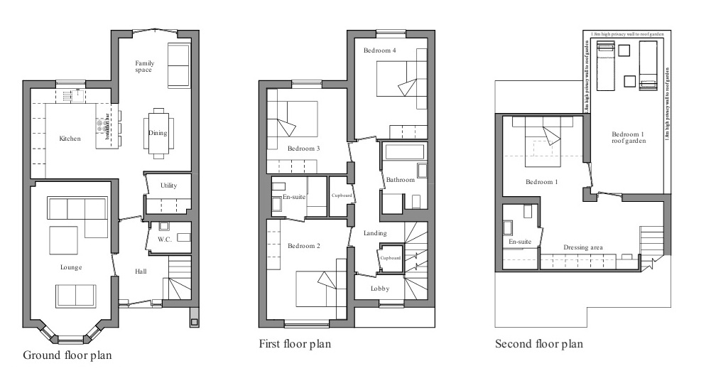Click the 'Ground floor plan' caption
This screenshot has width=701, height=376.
point(67,354)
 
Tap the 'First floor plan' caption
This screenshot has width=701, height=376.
point(295,344)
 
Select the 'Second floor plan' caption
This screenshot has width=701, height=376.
point(539,344)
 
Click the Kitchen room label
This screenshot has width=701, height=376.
point(71,139)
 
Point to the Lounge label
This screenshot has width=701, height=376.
point(71,267)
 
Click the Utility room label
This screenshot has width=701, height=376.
point(169,186)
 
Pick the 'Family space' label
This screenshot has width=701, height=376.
point(145,66)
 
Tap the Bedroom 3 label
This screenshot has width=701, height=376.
point(304,149)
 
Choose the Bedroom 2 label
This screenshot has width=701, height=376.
point(304,246)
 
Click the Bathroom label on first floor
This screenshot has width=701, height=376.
point(400,180)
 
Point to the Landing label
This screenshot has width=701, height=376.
point(375,233)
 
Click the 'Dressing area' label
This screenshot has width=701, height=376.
point(584,247)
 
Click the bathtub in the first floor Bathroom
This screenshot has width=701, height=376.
point(403,151)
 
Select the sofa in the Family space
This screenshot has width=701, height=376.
point(178,65)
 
